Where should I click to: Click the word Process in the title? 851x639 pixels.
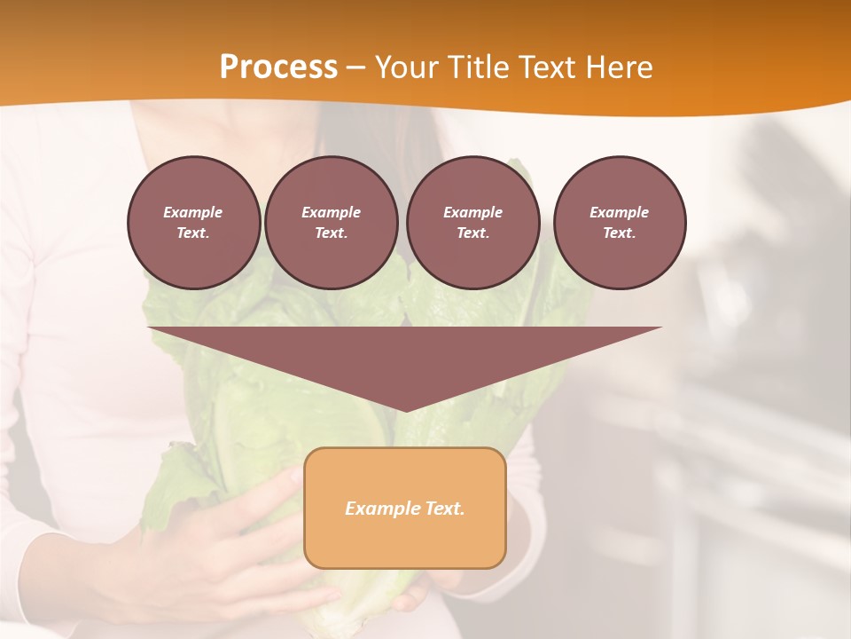click(x=278, y=67)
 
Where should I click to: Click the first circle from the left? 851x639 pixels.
click(x=193, y=223)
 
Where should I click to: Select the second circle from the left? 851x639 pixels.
click(x=331, y=223)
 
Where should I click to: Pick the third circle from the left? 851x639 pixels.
click(x=472, y=223)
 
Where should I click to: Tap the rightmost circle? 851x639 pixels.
click(x=620, y=223)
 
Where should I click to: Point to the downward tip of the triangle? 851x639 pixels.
click(x=405, y=409)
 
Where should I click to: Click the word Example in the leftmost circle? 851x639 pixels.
click(x=193, y=212)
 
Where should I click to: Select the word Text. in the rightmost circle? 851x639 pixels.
click(x=620, y=233)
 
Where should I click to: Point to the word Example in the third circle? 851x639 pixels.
click(x=472, y=212)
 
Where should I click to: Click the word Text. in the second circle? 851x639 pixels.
click(x=331, y=233)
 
